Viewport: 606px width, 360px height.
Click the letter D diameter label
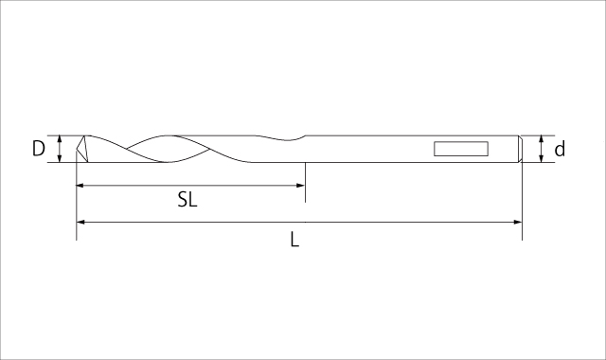(38, 149)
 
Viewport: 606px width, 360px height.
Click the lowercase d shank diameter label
(560, 149)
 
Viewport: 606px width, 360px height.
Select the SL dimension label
(187, 200)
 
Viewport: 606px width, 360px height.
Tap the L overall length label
(294, 240)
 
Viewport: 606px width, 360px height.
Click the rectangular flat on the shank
(461, 149)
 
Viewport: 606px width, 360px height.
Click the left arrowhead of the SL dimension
(80, 186)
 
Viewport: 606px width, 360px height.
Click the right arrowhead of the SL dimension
(301, 186)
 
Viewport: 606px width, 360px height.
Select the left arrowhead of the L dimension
(80, 222)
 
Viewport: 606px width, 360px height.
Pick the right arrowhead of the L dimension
(518, 222)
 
